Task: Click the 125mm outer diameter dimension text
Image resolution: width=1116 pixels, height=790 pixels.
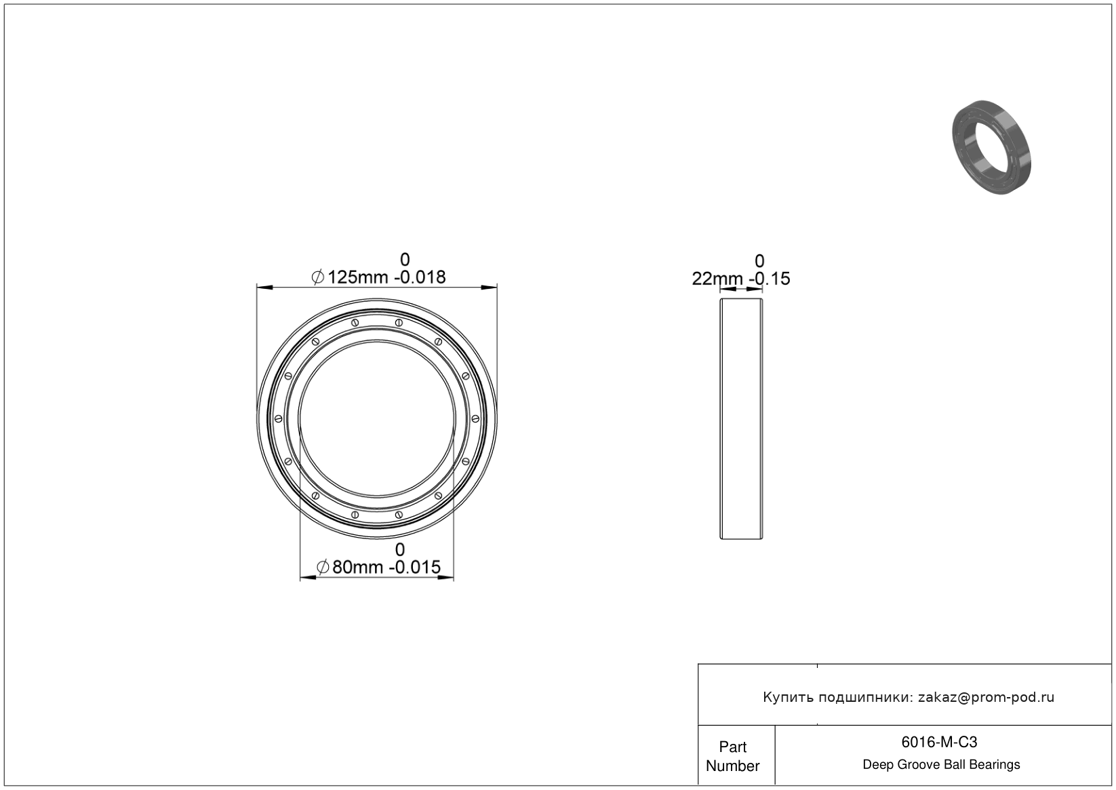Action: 358,277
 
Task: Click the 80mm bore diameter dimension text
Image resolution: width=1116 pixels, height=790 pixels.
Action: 358,567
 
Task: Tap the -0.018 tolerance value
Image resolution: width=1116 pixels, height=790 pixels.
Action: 420,277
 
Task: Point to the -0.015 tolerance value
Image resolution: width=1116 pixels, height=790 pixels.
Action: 415,567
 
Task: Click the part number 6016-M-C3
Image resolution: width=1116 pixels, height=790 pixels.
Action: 939,742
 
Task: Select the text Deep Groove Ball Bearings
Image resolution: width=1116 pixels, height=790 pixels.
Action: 941,765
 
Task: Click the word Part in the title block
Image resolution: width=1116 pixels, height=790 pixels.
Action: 732,747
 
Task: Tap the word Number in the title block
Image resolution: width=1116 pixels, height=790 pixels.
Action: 732,766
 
